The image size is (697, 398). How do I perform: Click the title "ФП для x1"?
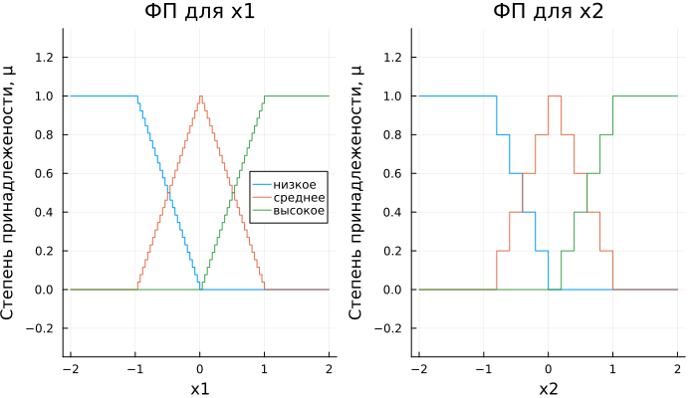tap(199, 13)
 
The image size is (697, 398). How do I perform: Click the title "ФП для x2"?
tap(548, 13)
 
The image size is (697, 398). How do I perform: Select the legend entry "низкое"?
tap(295, 185)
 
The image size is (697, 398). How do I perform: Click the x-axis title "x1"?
tap(199, 386)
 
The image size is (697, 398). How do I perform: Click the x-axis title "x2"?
tap(548, 386)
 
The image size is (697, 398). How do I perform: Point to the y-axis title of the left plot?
tap(11, 192)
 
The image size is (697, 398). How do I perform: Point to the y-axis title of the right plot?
tap(359, 192)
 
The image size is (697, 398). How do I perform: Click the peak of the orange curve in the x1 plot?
tap(200, 97)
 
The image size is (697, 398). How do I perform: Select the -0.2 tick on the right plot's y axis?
tap(392, 328)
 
